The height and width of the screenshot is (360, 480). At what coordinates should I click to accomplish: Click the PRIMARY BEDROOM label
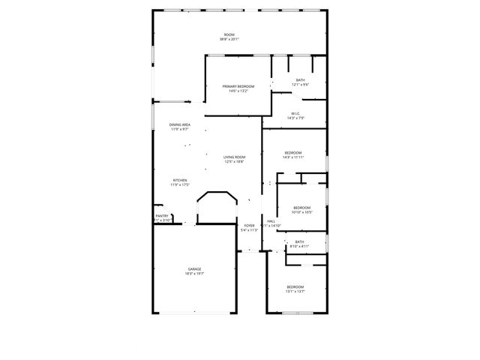pyautogui.click(x=238, y=86)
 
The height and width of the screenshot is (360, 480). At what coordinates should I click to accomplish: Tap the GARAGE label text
pyautogui.click(x=194, y=268)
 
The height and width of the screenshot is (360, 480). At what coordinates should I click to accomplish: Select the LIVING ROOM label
pyautogui.click(x=234, y=157)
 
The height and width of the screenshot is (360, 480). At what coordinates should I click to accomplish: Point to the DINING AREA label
pyautogui.click(x=179, y=124)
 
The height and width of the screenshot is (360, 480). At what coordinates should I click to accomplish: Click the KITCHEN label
pyautogui.click(x=180, y=180)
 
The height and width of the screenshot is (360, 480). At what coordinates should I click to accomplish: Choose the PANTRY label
pyautogui.click(x=162, y=216)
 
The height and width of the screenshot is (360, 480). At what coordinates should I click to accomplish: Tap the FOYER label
pyautogui.click(x=249, y=225)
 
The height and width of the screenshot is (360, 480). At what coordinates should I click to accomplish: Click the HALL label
pyautogui.click(x=270, y=221)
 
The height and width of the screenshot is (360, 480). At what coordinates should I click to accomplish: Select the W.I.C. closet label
pyautogui.click(x=295, y=113)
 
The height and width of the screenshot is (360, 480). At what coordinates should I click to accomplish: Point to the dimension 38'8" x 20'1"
pyautogui.click(x=229, y=40)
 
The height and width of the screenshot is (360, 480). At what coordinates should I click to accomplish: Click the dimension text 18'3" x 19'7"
pyautogui.click(x=194, y=274)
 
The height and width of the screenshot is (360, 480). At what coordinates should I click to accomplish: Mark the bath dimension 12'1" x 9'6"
pyautogui.click(x=300, y=85)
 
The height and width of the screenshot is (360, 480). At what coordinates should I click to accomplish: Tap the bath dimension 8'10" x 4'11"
pyautogui.click(x=299, y=246)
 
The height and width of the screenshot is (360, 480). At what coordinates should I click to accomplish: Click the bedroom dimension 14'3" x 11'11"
pyautogui.click(x=292, y=157)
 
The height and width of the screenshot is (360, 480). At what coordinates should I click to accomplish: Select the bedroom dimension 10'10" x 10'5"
pyautogui.click(x=301, y=212)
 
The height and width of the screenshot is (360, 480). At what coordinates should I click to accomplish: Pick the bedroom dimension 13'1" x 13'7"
pyautogui.click(x=295, y=292)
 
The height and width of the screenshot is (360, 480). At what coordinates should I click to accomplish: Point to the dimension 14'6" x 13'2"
pyautogui.click(x=238, y=91)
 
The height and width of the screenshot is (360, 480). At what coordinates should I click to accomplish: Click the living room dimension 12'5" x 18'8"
pyautogui.click(x=234, y=161)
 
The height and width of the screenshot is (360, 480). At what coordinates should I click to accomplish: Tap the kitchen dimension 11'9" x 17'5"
pyautogui.click(x=180, y=184)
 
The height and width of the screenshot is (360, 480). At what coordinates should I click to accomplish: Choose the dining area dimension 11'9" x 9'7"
pyautogui.click(x=179, y=129)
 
